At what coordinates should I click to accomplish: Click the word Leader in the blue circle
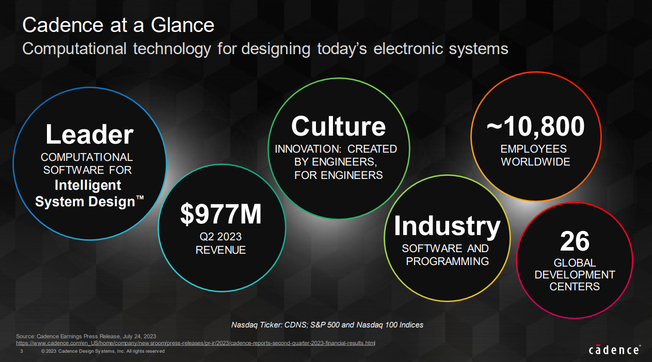(89, 135)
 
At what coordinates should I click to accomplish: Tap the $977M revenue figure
(221, 215)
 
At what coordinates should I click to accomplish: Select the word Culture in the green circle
(338, 126)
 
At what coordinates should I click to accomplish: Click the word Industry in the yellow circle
(447, 225)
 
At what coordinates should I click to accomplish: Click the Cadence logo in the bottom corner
(614, 350)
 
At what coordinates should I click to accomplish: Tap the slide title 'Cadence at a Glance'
(118, 25)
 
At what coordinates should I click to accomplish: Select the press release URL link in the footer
(196, 343)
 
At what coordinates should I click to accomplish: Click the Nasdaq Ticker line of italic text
(327, 325)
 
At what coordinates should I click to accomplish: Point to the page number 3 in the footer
(21, 351)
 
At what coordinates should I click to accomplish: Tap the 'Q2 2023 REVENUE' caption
(220, 243)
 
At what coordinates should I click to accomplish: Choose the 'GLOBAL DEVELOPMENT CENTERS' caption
(575, 274)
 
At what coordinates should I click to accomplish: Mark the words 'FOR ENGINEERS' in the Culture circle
(338, 175)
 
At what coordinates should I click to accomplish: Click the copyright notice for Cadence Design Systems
(103, 351)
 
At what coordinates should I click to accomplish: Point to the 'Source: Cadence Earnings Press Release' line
(86, 336)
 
